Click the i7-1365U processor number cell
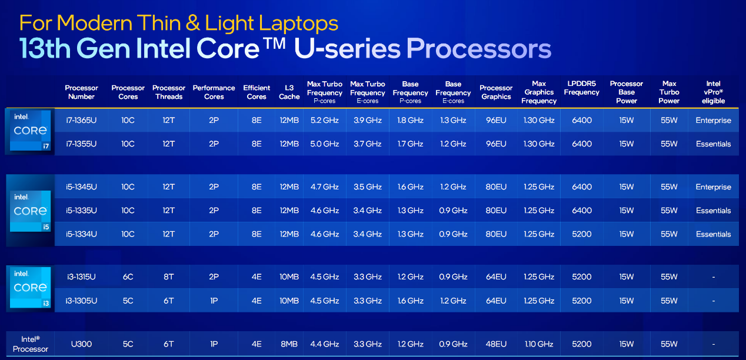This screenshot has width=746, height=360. pos(81,120)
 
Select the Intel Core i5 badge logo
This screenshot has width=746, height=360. pos(31,211)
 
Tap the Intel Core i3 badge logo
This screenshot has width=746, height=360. pos(31,288)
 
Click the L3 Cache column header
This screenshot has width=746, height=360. pos(289,92)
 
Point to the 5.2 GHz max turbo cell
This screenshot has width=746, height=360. pos(324,120)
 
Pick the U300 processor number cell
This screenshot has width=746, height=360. pos(81,344)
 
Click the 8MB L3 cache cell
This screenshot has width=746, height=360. pos(289,344)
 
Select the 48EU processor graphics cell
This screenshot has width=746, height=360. pos(496,344)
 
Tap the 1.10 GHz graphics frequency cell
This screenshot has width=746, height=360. pos(539,344)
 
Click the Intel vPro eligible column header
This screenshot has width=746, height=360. pos(713,92)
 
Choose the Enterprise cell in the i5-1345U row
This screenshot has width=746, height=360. pos(713,187)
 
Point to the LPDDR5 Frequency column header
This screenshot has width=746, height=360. pos(581,88)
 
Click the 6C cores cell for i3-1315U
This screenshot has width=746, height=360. pos(128,276)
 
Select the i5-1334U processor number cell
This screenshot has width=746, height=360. pos(81,234)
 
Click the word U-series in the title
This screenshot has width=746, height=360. pos(347,49)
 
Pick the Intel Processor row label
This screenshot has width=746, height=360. pos(31,344)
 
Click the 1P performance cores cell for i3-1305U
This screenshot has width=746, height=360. pos(214,301)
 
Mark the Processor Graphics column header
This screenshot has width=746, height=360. pos(496,92)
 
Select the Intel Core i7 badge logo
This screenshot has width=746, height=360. pos(31,130)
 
